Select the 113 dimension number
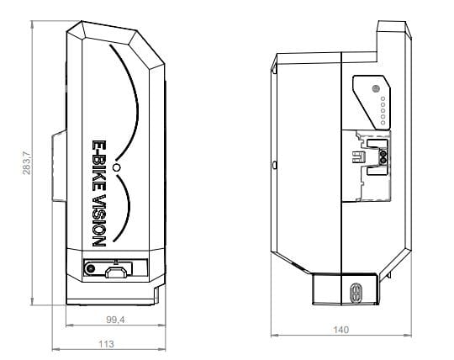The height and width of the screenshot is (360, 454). (106, 343)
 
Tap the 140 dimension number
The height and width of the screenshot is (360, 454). (340, 331)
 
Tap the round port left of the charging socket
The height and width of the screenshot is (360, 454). (90, 270)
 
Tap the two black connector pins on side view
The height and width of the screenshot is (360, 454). (383, 156)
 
